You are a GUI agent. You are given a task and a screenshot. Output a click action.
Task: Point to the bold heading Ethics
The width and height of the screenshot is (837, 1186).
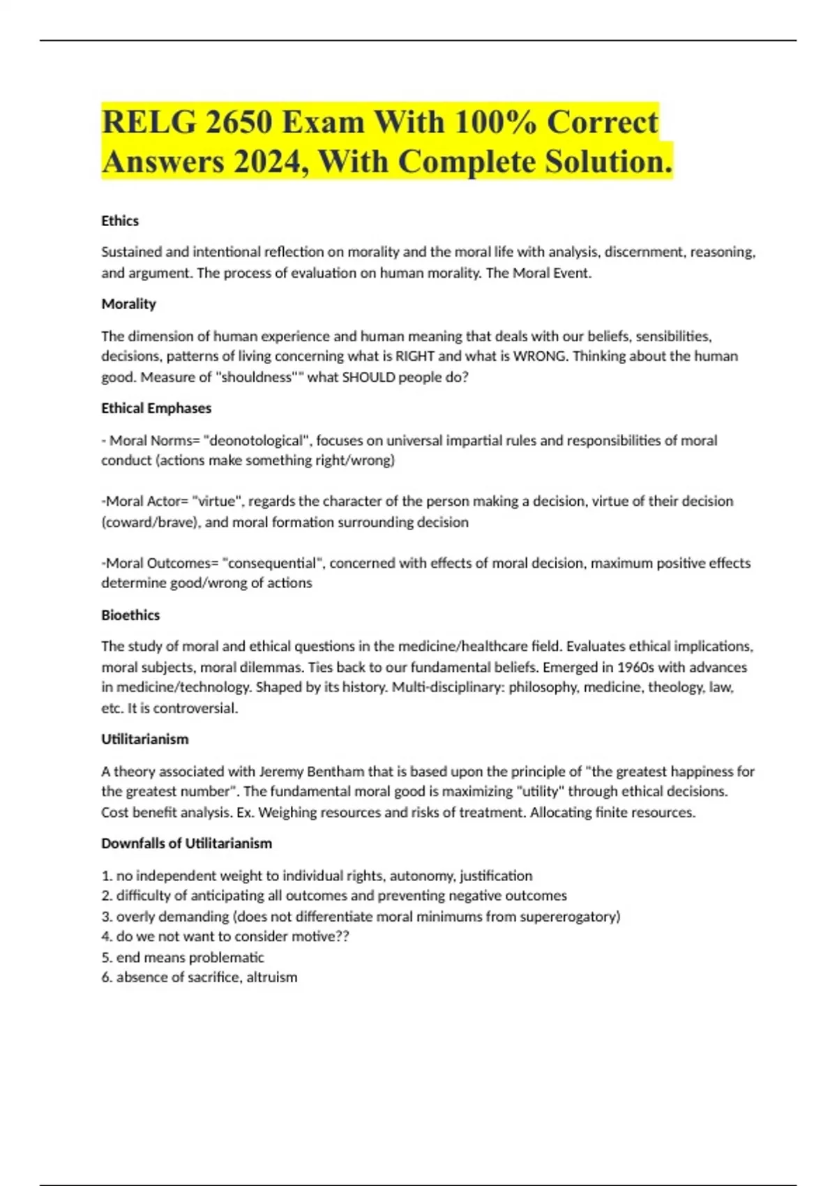120,220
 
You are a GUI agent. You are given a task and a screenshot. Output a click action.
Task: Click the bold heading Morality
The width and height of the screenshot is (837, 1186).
128,304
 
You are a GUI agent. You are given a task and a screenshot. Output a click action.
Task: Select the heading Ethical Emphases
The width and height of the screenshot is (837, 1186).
156,408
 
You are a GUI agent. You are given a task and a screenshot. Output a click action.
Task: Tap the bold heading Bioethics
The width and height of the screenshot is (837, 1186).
130,615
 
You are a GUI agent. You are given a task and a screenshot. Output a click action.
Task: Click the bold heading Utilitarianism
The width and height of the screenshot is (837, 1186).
145,739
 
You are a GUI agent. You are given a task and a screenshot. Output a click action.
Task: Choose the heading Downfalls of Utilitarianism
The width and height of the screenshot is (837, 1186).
186,843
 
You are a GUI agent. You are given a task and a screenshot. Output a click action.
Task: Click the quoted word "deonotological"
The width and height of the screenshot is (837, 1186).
256,441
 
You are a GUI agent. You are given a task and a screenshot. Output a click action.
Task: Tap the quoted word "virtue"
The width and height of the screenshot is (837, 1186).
216,502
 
